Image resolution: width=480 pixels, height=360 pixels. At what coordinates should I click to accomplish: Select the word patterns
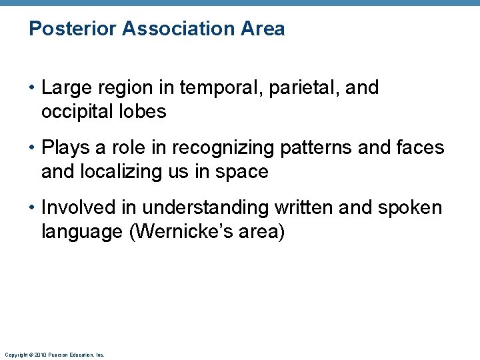pos(320,148)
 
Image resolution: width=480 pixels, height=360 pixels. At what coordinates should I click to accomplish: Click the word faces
pos(420,148)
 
